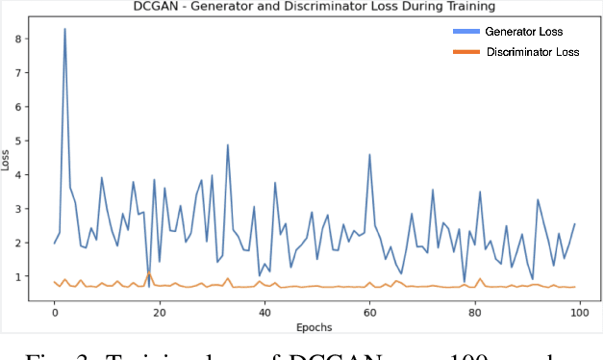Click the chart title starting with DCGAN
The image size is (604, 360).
point(302,8)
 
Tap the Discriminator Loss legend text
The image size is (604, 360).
point(532,51)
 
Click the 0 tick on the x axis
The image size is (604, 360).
point(55,311)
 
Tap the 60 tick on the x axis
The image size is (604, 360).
point(368,311)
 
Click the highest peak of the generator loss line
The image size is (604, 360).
point(64,29)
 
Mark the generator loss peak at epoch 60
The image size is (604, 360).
point(369,154)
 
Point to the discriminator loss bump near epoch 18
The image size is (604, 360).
point(148,274)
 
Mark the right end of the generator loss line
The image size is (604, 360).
point(574,224)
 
